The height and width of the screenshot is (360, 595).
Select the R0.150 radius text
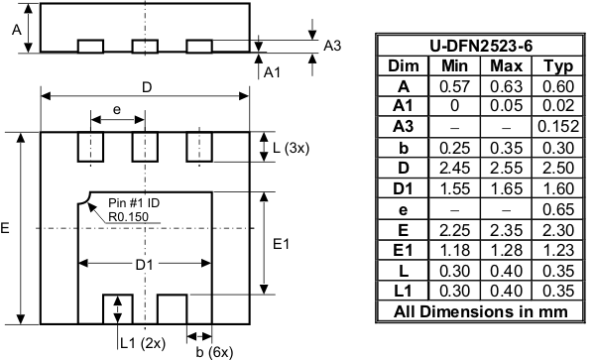129,216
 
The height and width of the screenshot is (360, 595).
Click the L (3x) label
290,147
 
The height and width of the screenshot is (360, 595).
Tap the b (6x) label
214,350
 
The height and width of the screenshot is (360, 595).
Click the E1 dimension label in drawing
280,243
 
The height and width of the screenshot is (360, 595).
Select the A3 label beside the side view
333,46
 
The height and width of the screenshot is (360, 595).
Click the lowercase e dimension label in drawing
117,109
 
